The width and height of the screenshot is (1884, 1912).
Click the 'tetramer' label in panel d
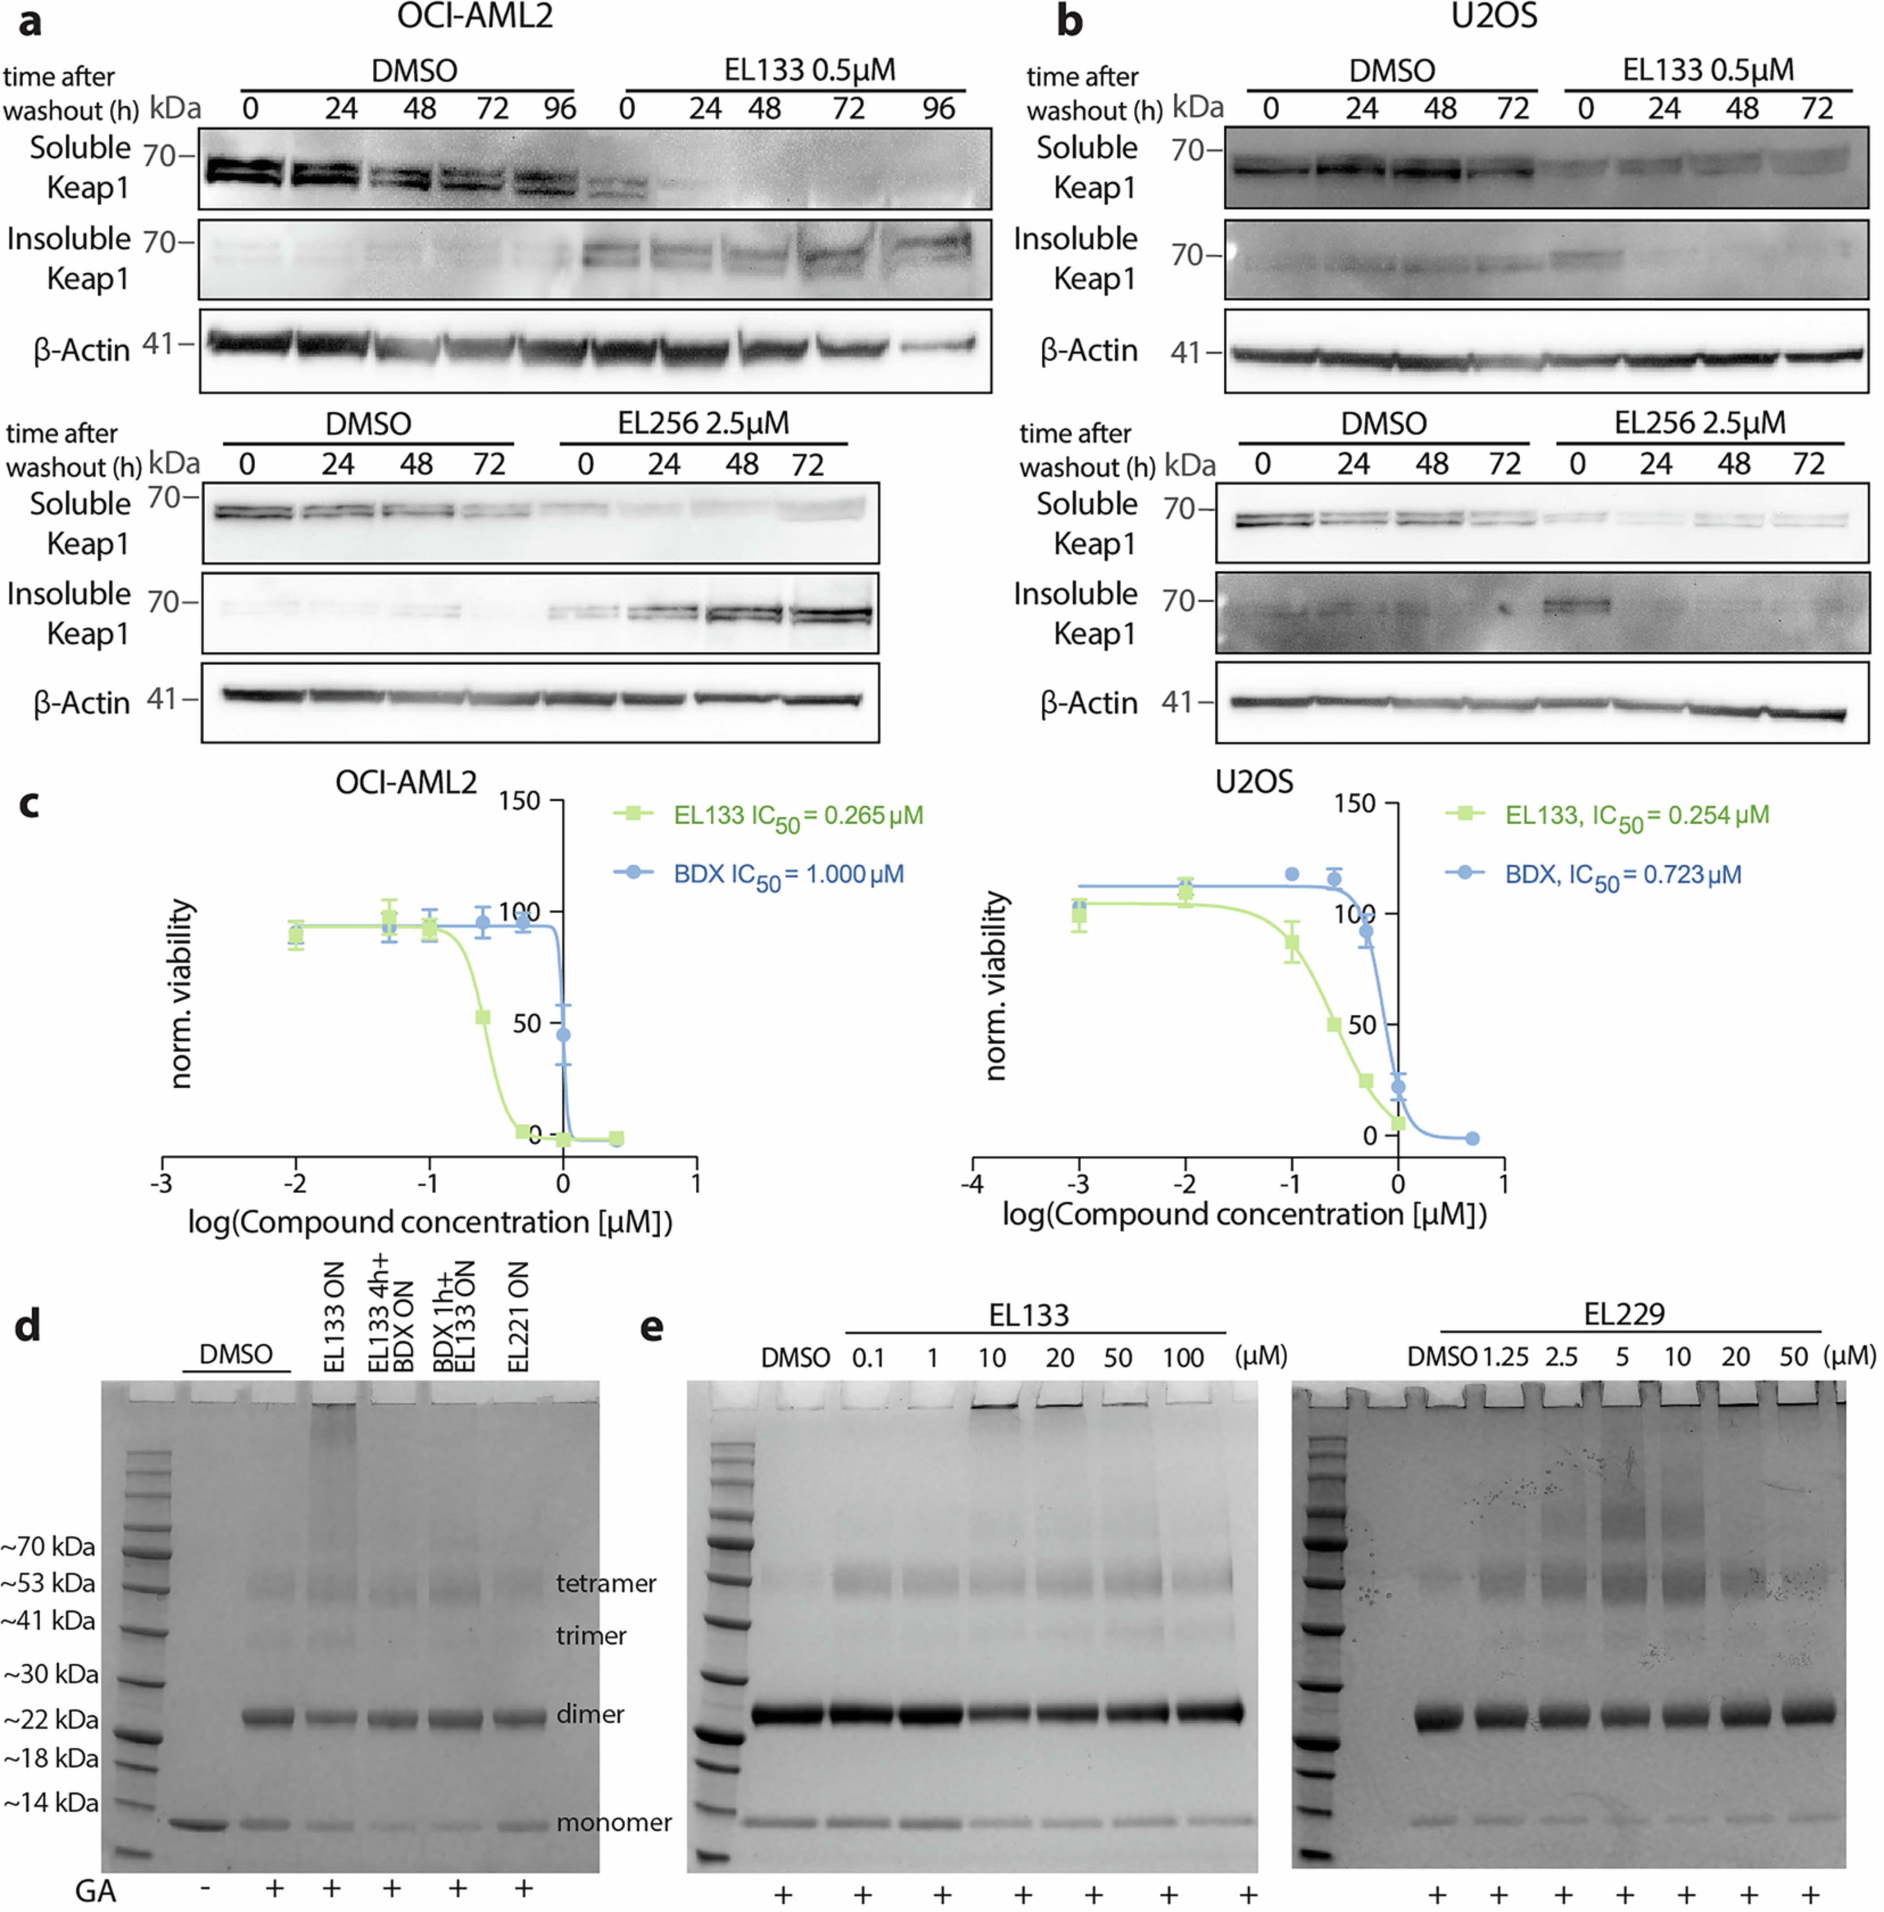(606, 1584)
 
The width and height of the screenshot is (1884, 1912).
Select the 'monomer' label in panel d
(614, 1822)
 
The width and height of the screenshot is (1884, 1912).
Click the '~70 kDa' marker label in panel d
(49, 1546)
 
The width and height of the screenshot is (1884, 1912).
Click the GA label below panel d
(96, 1891)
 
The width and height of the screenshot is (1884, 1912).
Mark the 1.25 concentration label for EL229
(1506, 1357)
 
